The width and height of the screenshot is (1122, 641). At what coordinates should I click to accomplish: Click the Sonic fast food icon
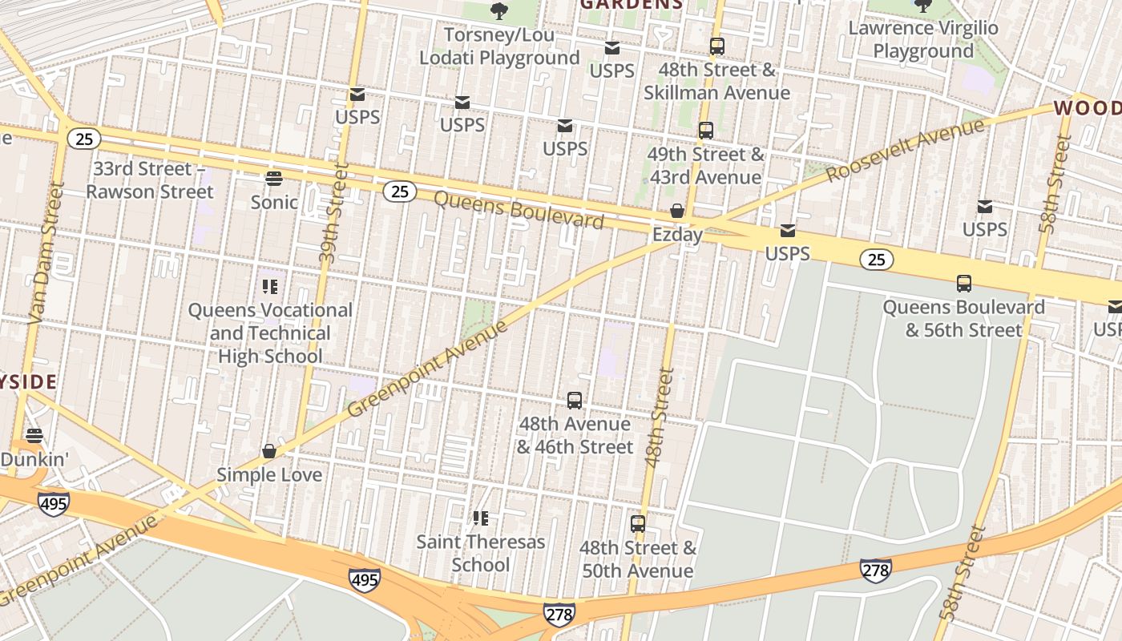274,178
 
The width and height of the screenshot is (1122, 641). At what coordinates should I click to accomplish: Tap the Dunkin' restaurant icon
34,436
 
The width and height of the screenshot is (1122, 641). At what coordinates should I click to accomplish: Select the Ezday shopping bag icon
677,211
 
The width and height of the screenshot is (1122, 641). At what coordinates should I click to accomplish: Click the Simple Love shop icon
269,451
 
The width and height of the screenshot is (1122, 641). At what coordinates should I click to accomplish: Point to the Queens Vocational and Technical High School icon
270,286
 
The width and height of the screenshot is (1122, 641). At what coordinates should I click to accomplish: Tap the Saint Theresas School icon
481,518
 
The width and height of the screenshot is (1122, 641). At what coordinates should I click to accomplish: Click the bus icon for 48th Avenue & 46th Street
575,400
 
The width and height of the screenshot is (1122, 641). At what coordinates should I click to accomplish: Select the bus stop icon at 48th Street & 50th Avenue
638,524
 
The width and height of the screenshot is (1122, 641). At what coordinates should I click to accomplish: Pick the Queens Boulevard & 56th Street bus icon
964,284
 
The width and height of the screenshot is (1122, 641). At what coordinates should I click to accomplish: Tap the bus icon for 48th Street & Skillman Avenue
717,46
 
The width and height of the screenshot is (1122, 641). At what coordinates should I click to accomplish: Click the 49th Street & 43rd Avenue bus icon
706,130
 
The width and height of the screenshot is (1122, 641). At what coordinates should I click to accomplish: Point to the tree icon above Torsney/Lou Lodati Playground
499,10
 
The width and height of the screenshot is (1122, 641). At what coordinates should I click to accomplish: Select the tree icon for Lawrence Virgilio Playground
923,6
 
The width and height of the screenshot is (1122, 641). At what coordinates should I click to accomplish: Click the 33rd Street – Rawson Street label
150,180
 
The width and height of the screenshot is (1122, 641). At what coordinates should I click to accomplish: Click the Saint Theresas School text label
481,553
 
